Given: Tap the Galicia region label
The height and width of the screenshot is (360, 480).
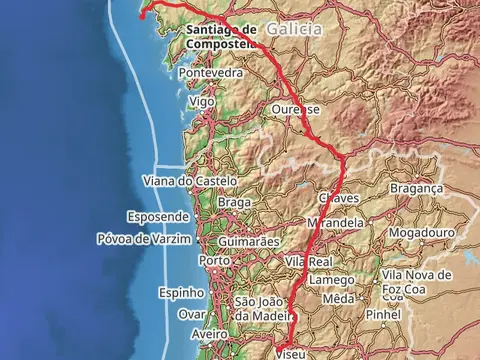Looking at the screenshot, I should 295,30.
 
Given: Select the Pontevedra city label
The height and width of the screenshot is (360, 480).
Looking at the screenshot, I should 211,73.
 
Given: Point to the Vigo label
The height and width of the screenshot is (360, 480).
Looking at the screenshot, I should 201,102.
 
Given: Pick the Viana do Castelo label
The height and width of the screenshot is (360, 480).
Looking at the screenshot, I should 190,181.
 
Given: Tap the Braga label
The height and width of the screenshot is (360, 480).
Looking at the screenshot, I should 234,202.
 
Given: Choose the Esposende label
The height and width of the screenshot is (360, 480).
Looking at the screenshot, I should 157,216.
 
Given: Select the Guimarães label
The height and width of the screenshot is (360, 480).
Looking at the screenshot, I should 249,242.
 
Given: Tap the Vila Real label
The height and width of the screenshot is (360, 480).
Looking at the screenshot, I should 308,261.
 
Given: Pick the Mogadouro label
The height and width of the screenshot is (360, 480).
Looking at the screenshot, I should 421,232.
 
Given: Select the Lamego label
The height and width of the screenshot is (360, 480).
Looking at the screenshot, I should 331,280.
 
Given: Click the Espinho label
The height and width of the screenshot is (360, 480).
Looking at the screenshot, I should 181,293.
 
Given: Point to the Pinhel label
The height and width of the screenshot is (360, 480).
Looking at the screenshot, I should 382,314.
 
